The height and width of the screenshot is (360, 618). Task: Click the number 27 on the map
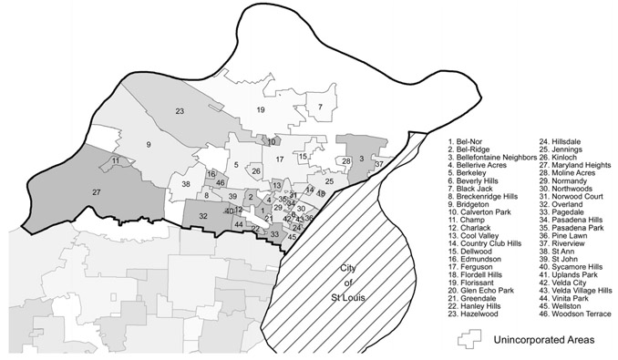click(x=96, y=192)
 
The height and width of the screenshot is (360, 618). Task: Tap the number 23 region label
click(x=180, y=111)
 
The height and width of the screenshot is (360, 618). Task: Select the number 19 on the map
click(x=260, y=110)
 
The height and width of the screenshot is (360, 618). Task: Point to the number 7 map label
click(x=320, y=107)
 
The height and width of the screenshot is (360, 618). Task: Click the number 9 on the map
click(x=148, y=146)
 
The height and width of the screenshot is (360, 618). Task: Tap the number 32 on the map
click(x=204, y=216)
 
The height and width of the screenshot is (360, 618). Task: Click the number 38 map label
click(x=186, y=184)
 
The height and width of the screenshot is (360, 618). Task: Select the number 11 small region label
click(x=116, y=161)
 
